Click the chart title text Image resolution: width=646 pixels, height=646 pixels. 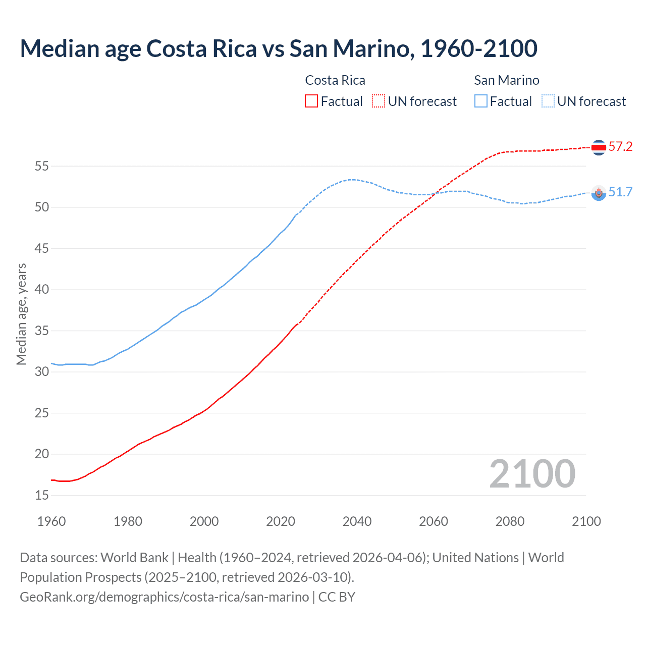pos(279,48)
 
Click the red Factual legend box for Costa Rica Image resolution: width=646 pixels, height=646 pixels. pos(311,101)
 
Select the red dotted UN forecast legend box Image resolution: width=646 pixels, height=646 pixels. pos(379,101)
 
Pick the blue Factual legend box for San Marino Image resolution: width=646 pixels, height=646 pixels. pos(481,101)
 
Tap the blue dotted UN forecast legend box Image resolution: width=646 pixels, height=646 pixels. pos(548,101)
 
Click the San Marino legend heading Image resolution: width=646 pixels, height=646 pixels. pos(507,80)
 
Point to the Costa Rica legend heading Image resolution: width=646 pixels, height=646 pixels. pos(335,80)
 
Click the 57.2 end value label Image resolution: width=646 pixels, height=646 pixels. pos(620,147)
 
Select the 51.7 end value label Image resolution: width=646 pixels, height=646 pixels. pos(620,192)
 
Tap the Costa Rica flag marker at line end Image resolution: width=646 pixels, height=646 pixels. pos(599,147)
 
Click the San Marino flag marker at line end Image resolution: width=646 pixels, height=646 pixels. pos(599,193)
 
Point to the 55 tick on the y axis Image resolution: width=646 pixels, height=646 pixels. pos(42,166)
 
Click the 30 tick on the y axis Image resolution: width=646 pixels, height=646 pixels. pos(42,372)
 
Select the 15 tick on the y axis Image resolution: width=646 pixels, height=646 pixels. pos(42,496)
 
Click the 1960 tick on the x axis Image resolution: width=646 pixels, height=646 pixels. pos(51,521)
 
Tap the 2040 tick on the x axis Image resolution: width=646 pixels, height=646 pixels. pos(357,521)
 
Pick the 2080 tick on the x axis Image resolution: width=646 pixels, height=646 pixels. pos(510,521)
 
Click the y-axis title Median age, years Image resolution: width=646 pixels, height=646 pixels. pos(21,314)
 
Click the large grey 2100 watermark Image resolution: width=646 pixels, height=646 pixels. pos(532,474)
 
